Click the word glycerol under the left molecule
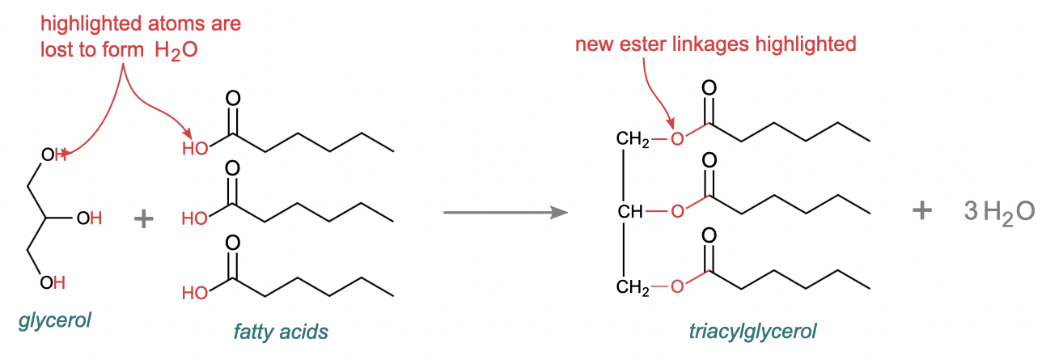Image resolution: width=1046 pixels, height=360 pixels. (x=54, y=320)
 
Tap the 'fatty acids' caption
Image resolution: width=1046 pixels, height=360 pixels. (x=281, y=331)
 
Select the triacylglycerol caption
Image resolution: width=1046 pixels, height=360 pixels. (x=752, y=331)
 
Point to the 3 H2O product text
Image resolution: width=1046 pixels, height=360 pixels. (x=999, y=212)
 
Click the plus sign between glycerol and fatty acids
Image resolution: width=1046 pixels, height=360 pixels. (x=143, y=218)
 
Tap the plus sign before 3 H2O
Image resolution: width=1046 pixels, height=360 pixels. (x=921, y=211)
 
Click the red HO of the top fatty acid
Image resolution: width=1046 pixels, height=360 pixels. (x=195, y=149)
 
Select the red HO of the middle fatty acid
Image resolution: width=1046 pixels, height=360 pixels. (x=195, y=218)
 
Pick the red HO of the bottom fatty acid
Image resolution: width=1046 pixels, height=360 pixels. (x=195, y=293)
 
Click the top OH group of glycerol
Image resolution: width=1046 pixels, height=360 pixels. (x=54, y=155)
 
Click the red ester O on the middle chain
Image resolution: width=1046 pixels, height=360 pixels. (x=678, y=213)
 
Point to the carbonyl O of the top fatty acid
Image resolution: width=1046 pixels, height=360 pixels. (x=233, y=98)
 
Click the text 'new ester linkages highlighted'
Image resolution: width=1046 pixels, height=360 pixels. (x=715, y=44)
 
